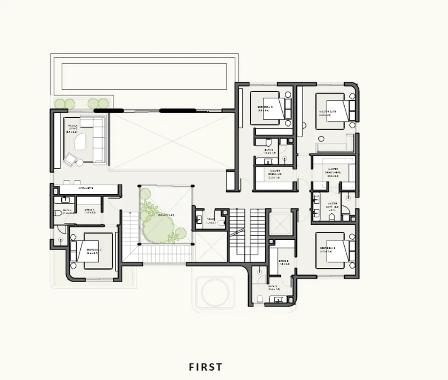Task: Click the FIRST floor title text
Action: (206, 367)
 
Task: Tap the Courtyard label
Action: (166, 216)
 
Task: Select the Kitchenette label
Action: (85, 188)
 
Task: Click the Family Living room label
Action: (73, 129)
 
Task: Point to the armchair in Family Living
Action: (70, 159)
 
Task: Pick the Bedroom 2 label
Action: (264, 108)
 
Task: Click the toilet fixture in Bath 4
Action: (58, 213)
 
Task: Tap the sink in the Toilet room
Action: (199, 220)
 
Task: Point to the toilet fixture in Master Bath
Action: (332, 217)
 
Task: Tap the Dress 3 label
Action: (284, 262)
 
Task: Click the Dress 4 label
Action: (90, 210)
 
